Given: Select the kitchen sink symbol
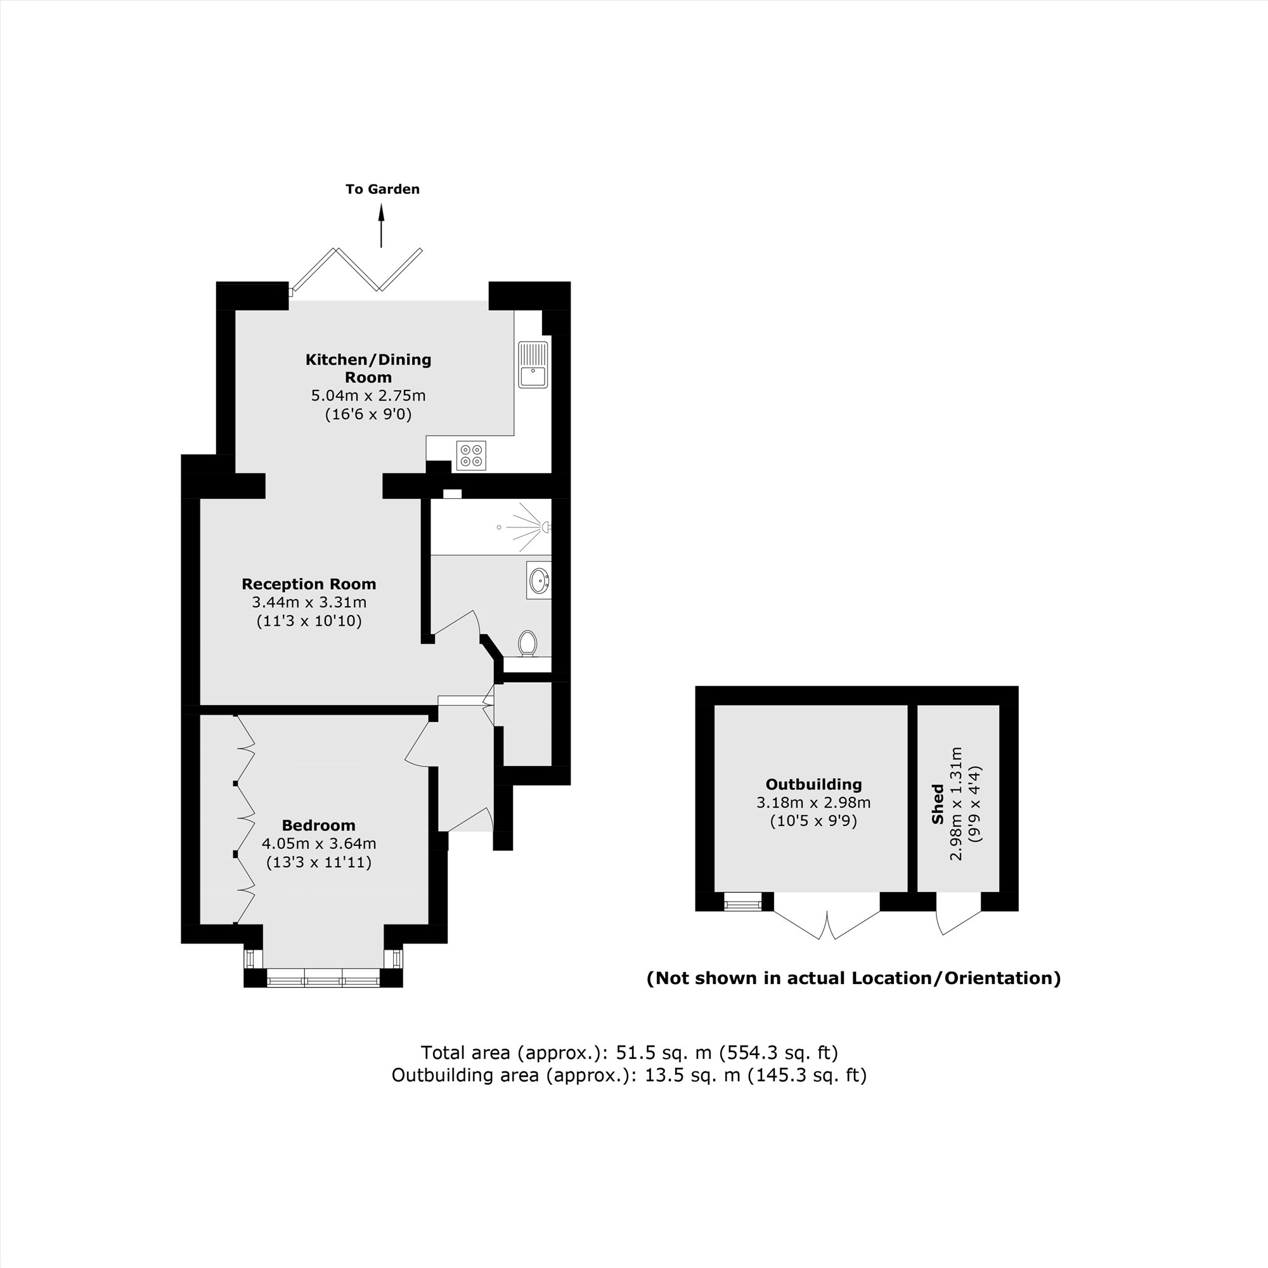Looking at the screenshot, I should (533, 365).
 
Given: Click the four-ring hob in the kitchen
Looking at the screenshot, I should (471, 455).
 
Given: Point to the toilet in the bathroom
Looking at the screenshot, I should (527, 642).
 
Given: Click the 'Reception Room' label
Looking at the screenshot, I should (309, 584).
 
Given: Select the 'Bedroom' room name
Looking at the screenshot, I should (318, 825).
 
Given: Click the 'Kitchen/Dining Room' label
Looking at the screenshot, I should (368, 368).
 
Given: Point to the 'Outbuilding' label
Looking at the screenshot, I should (813, 784).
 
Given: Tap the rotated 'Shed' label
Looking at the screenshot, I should (937, 805).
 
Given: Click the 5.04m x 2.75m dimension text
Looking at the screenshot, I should (368, 396).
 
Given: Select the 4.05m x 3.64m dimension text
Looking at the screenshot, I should (318, 843).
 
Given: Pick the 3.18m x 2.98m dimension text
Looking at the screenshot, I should (813, 802).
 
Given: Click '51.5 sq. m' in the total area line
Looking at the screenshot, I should (664, 1052).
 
